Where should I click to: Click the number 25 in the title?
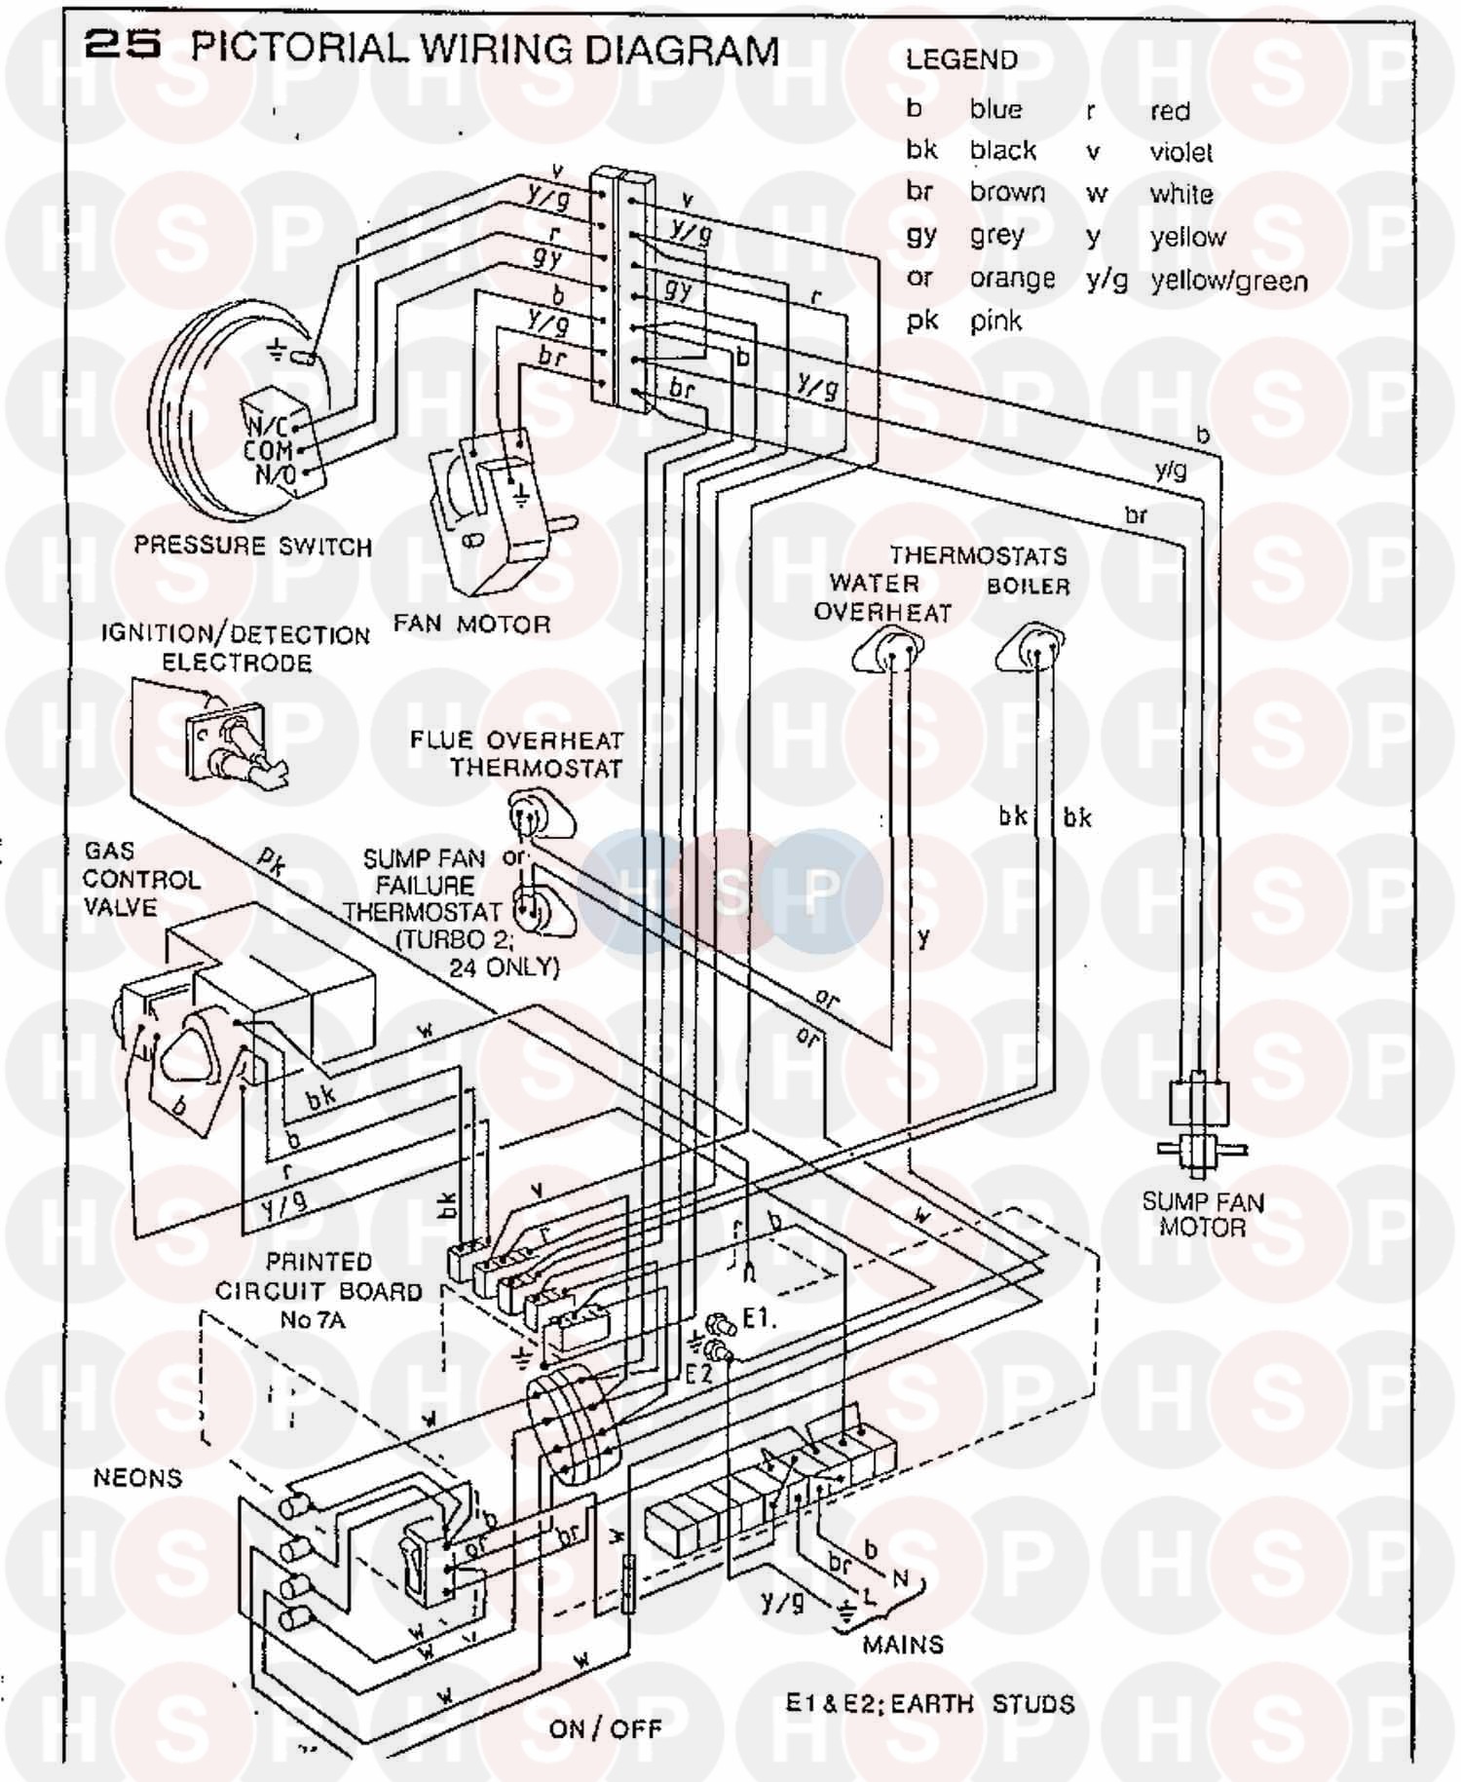122,46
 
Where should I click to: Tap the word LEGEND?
960,60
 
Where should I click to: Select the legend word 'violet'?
1180,153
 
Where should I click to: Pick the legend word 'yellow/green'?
1228,282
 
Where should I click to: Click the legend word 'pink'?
995,322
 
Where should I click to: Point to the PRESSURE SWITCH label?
253,546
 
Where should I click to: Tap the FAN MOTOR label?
471,625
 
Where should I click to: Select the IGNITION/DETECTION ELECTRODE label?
236,649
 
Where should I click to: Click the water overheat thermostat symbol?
889,651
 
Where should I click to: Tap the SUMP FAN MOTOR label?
1203,1214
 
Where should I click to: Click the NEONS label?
137,1478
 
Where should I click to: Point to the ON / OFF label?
605,1728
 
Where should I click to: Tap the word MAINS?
903,1645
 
